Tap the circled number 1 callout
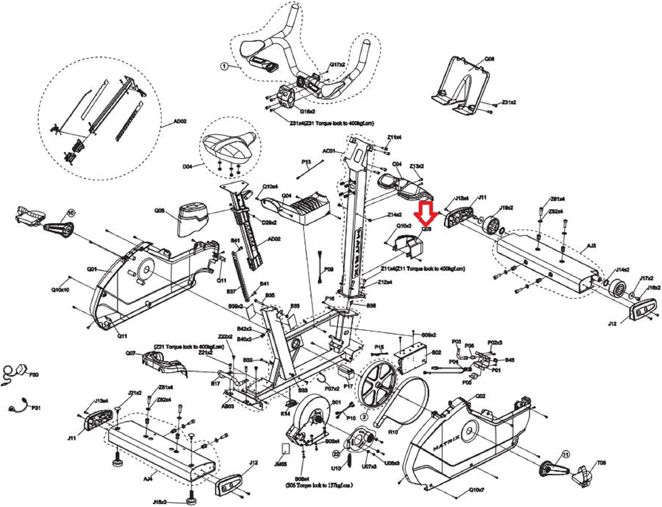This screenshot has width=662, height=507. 224,66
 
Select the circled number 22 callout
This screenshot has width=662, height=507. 336,453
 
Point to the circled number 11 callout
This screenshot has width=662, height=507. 565,454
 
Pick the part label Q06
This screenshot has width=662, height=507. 489,59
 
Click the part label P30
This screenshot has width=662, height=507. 34,375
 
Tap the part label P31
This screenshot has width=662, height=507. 36,408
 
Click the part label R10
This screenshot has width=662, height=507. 392,432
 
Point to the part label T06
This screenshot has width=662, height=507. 601,463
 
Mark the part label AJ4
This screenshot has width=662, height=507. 148,478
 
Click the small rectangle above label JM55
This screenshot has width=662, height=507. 286,449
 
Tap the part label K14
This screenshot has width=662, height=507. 285,413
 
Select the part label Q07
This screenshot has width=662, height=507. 131,353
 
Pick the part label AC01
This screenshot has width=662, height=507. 329,151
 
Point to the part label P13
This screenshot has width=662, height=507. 306,162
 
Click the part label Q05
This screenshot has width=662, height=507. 159,211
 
